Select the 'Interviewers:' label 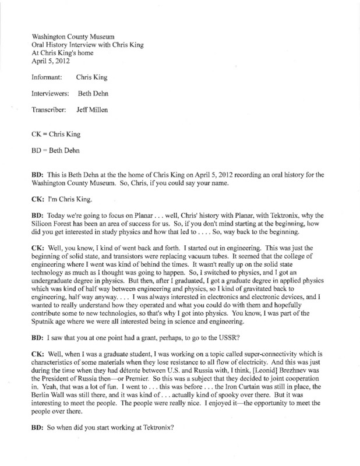point(52,93)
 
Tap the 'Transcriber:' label point(51,110)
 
